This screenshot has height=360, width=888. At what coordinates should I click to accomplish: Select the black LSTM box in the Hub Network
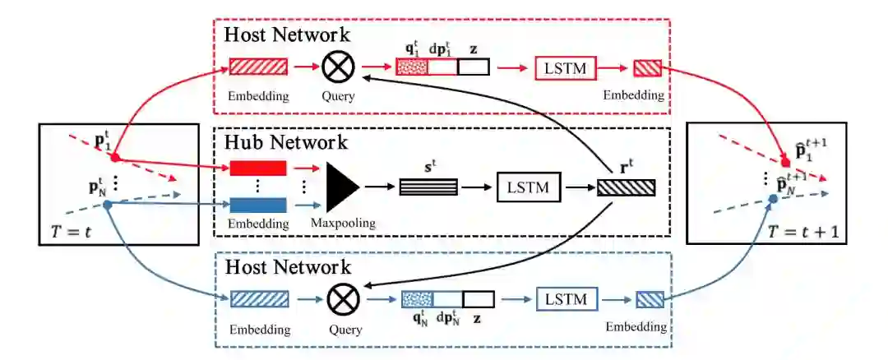[x=527, y=188]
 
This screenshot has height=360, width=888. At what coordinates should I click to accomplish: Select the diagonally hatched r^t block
[x=627, y=187]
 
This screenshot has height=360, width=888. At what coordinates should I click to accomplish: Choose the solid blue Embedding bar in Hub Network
[x=258, y=204]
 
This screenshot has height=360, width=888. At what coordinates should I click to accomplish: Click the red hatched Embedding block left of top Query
[x=258, y=67]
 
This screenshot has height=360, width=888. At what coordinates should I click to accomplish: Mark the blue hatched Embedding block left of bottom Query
[x=258, y=299]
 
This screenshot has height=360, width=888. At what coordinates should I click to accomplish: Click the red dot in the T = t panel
[x=116, y=157]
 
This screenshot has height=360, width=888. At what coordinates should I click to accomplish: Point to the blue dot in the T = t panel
[x=108, y=203]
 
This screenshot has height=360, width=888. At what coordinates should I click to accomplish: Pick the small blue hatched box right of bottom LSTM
[x=647, y=299]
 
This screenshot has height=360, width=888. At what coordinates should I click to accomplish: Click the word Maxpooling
[x=344, y=224]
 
